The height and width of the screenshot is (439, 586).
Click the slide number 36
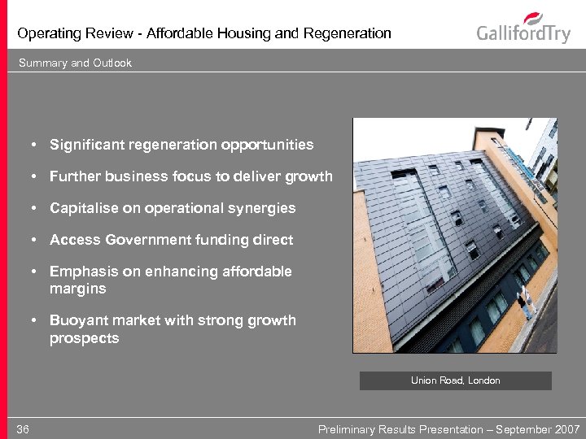coord(23,429)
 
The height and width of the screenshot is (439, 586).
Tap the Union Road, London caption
coord(455,380)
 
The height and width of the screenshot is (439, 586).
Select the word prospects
coord(84,337)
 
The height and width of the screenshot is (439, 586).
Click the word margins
coord(77,289)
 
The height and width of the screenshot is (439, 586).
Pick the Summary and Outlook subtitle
coord(74,63)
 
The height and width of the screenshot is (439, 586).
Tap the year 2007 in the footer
coord(566,429)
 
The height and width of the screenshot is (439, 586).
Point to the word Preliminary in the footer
coord(346,429)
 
